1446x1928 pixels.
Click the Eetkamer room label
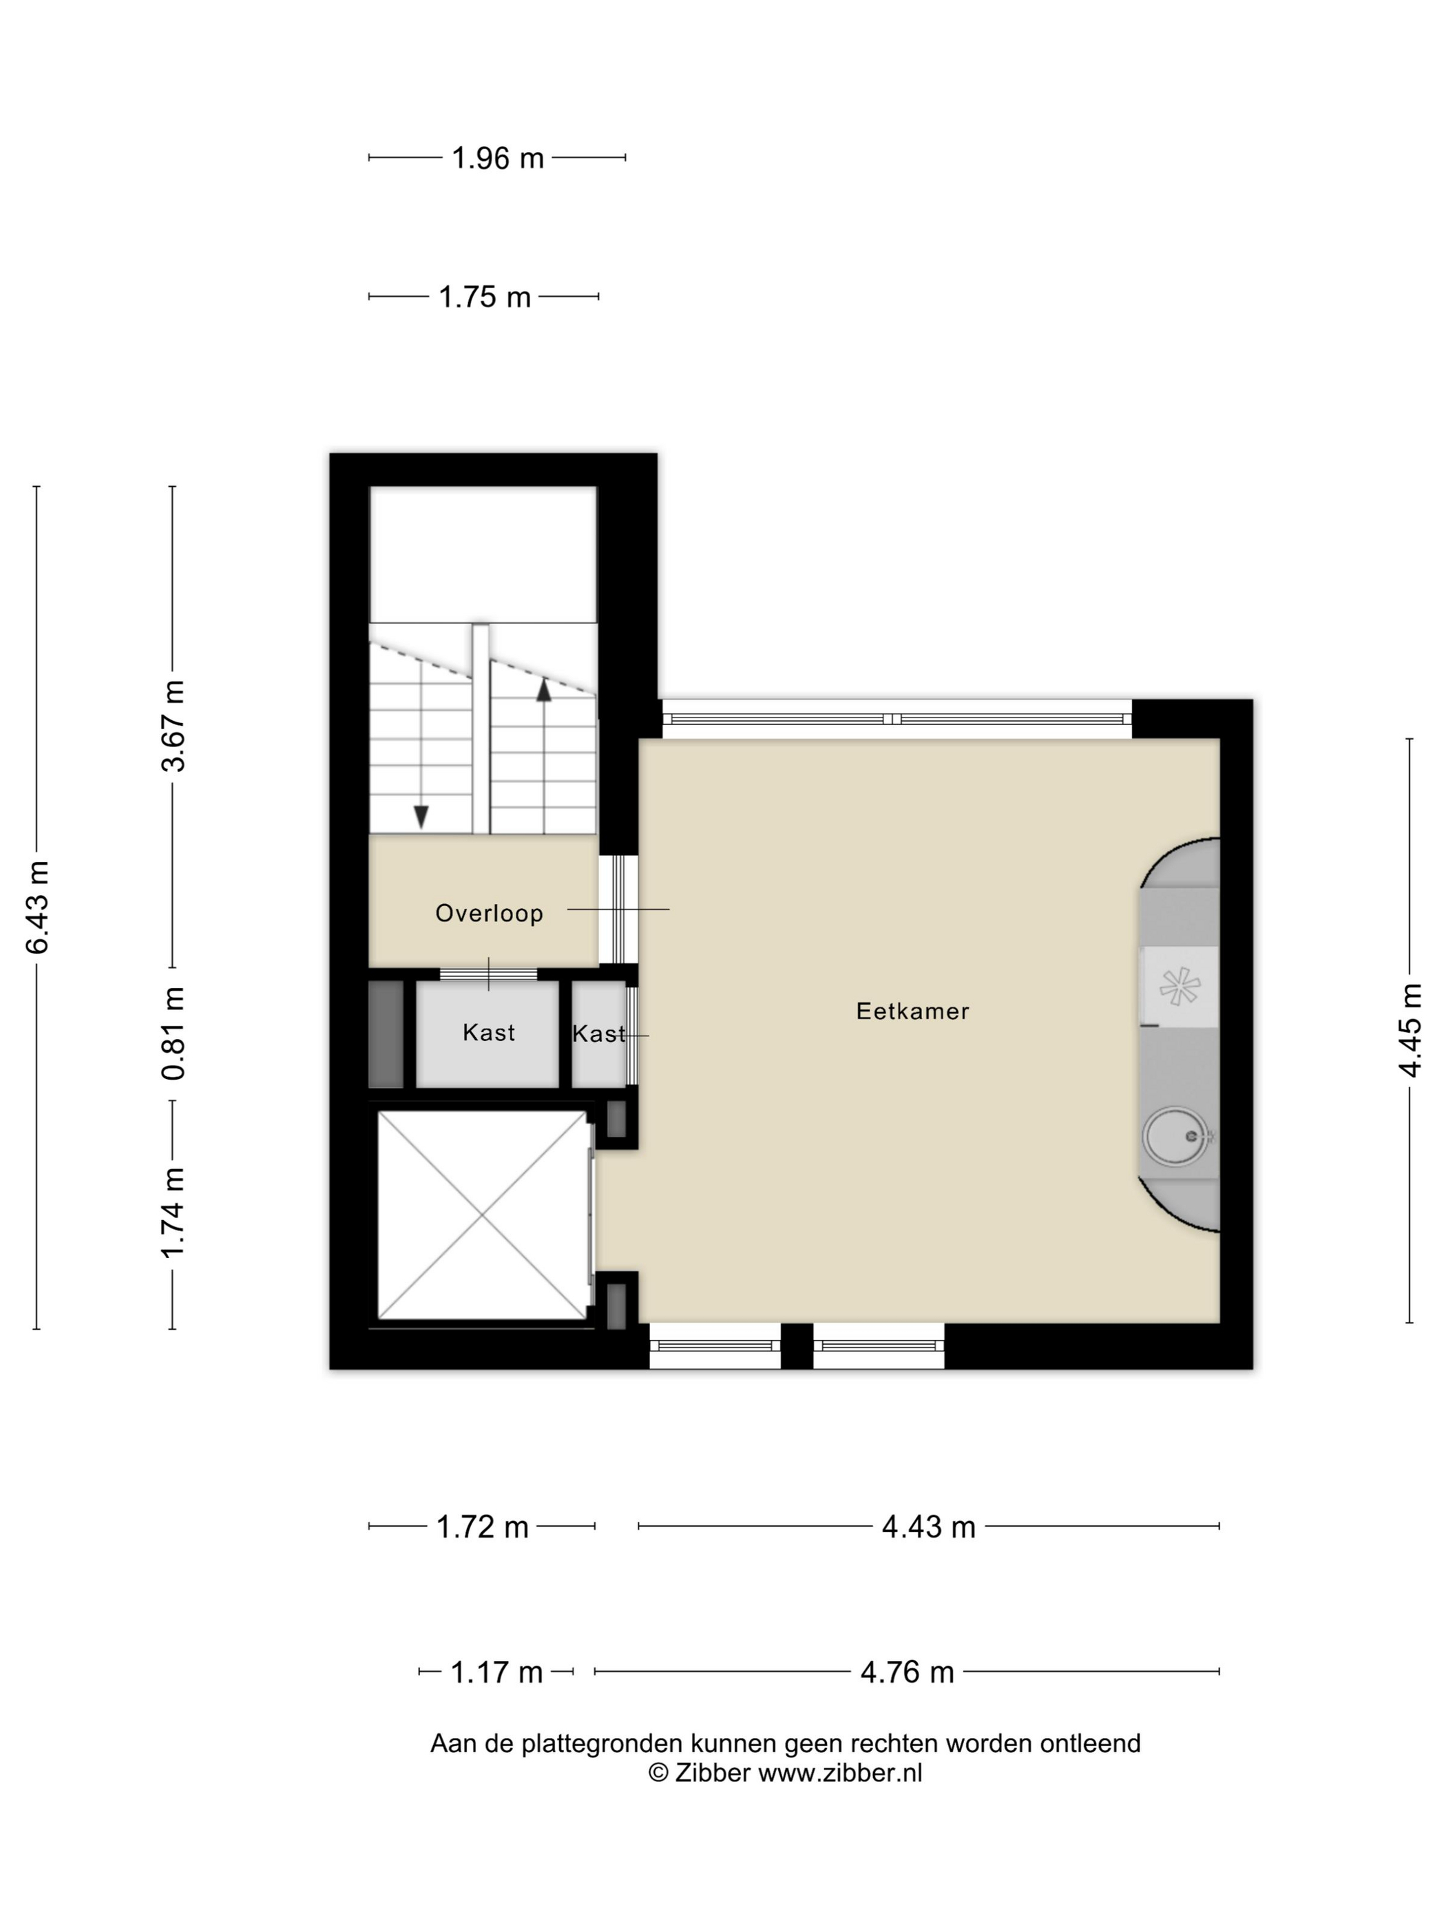tap(912, 1011)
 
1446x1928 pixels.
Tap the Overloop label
tap(489, 914)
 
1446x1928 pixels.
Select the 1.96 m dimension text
tap(498, 158)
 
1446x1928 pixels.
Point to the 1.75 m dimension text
tap(485, 297)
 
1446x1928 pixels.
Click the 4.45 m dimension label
tap(1410, 1030)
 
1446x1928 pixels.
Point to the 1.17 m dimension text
tap(496, 1673)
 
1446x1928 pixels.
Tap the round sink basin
tap(1176, 1135)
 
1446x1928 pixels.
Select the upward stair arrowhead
tap(544, 691)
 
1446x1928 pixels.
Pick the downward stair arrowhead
tap(421, 817)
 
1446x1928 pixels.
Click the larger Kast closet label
tap(488, 1033)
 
